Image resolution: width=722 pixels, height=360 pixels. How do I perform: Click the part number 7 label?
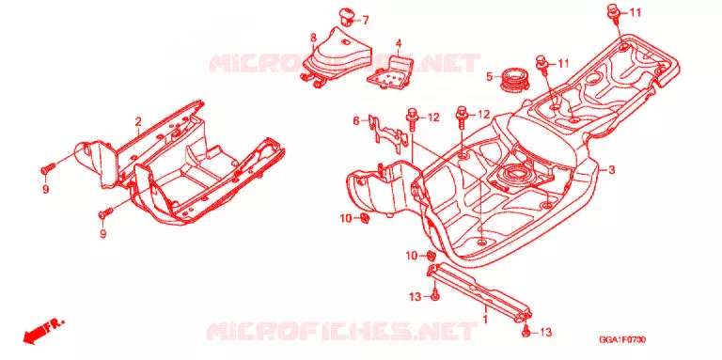coord(365,21)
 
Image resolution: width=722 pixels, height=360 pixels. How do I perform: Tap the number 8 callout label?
coord(313,37)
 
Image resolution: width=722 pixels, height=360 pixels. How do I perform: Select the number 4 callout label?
coord(399,44)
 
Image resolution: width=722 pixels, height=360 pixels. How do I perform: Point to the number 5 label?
coord(490,76)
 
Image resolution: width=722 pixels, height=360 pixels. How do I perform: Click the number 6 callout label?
coord(356,121)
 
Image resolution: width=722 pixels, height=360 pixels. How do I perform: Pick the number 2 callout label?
coord(137,122)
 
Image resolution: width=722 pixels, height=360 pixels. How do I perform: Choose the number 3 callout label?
coord(611,170)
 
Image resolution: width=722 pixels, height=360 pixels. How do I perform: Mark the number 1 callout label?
coord(484,318)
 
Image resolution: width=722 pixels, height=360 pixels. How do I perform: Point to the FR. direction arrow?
coord(44,331)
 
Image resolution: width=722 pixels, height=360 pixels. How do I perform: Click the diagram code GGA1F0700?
coord(621,339)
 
